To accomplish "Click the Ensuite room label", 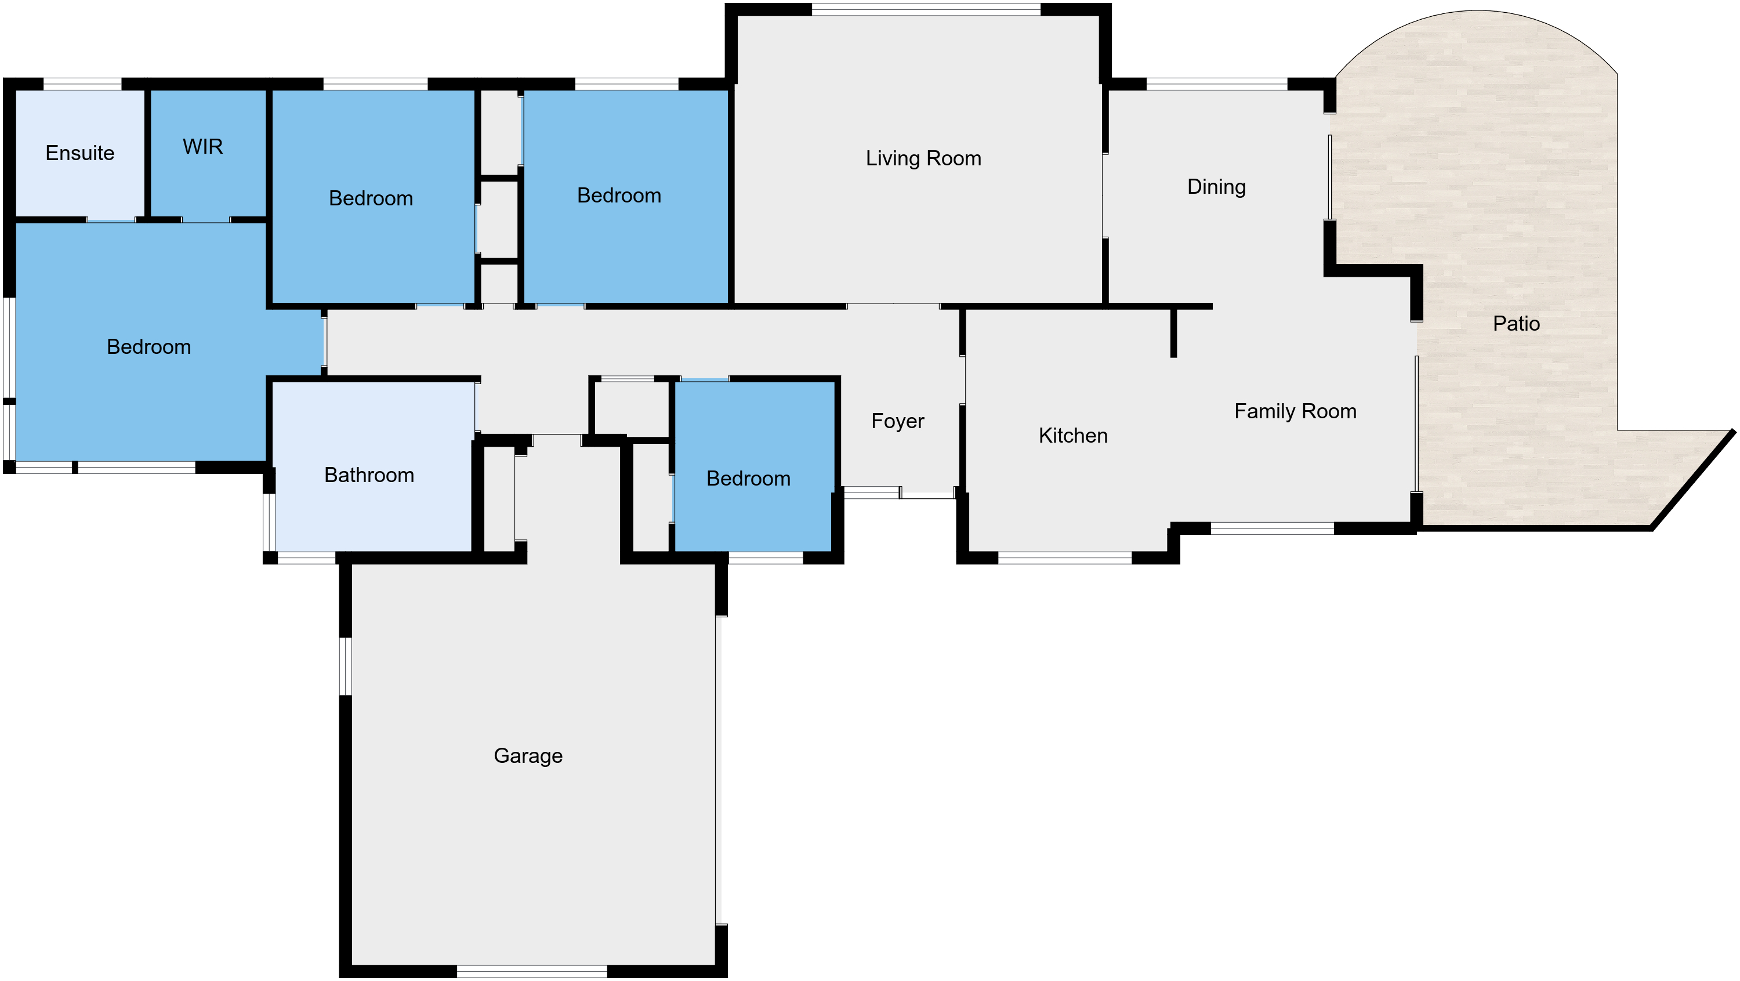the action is (79, 153).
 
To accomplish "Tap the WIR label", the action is (202, 147).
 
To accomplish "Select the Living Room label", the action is (923, 159).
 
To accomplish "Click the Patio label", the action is (1517, 324).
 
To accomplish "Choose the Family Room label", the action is (1296, 411).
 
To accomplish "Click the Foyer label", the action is (898, 422).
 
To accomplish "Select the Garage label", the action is (528, 756).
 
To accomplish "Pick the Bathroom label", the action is (369, 475).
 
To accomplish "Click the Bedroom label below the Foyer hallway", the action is (748, 479).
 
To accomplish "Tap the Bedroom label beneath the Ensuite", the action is (148, 346).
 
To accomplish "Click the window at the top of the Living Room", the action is (926, 9).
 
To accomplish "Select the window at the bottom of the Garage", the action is (532, 972).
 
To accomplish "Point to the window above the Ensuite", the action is (82, 84).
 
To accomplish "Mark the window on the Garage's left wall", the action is (345, 666).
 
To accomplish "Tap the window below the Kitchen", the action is (1064, 558).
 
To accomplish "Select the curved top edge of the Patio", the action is (1477, 11).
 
